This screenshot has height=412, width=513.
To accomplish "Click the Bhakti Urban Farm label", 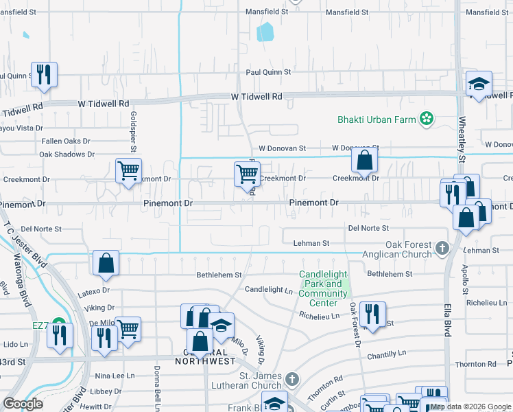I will (377, 119).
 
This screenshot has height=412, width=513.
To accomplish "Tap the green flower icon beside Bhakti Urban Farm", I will (427, 119).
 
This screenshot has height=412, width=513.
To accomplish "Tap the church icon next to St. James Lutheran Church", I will (292, 380).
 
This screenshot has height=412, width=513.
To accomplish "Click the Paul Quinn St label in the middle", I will (269, 71).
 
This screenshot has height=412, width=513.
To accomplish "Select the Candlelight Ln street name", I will (269, 290).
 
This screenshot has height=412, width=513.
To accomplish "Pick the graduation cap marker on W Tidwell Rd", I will (479, 84).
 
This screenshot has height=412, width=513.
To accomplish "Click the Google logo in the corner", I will (23, 404).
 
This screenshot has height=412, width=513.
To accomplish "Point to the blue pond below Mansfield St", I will (265, 32).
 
